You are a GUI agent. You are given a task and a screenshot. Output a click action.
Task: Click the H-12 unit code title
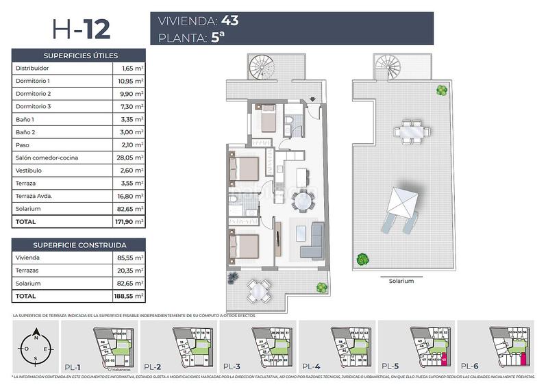click(x=80, y=29)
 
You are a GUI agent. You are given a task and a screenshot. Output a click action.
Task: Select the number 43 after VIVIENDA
click(x=230, y=20)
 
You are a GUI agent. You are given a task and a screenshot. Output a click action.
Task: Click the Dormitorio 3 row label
click(x=34, y=106)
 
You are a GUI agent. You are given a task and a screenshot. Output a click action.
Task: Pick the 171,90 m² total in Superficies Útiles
click(x=129, y=222)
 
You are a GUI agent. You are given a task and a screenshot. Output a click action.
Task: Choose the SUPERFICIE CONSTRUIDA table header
click(x=80, y=245)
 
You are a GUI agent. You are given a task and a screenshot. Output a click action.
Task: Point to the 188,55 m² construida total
click(x=129, y=296)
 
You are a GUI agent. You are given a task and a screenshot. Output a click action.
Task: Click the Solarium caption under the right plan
click(x=400, y=281)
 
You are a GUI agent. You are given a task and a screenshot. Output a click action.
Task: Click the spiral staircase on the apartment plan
click(x=262, y=68)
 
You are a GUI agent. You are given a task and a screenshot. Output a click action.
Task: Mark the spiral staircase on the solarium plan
click(x=388, y=67)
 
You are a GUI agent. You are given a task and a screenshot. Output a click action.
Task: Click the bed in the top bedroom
click(x=266, y=121)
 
